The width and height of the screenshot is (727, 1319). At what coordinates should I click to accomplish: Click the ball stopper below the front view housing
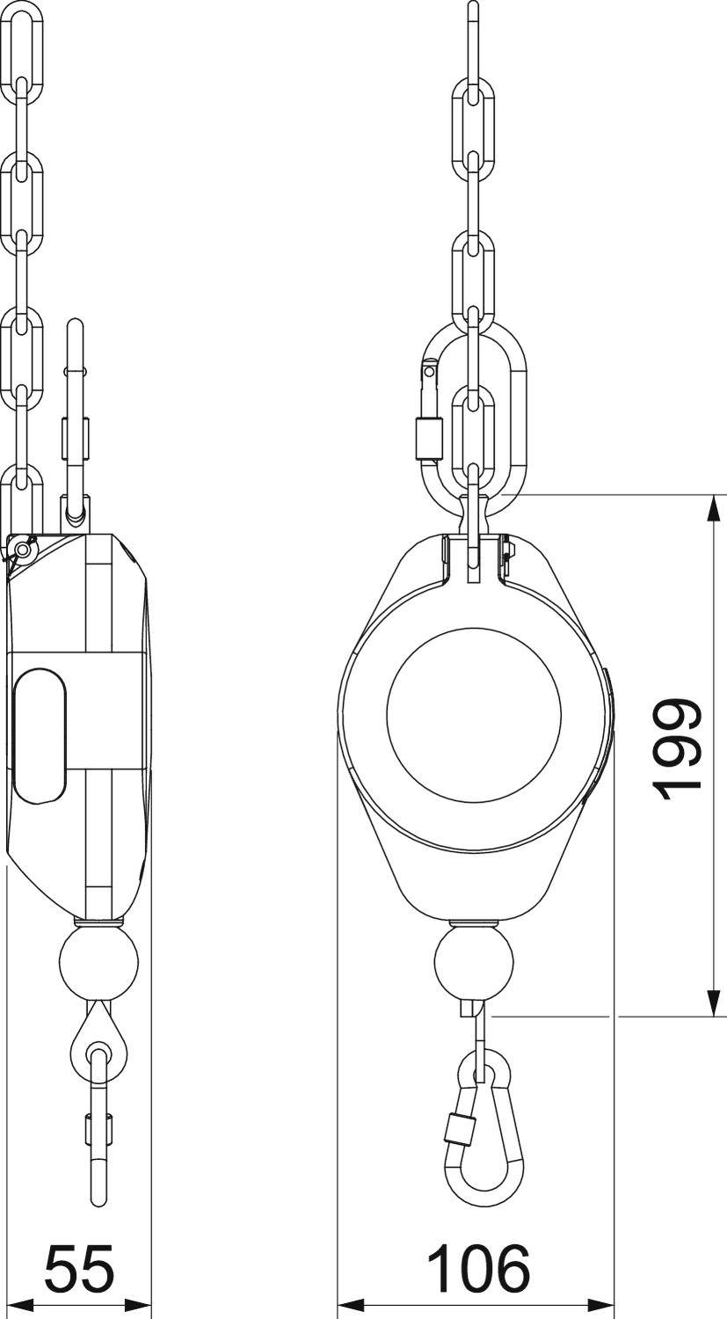point(474,962)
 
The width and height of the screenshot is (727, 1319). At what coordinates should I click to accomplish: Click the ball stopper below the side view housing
point(98,962)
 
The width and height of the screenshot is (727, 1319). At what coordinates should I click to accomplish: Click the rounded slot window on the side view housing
point(40,735)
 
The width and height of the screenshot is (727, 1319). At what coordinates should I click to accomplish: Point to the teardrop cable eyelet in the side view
point(98,1046)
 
